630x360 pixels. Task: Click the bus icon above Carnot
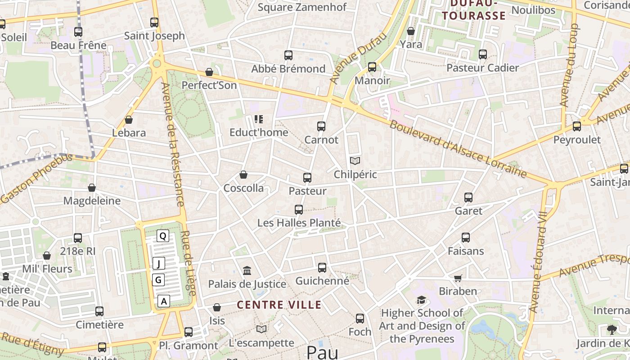point(321,126)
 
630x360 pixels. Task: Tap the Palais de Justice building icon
point(247,270)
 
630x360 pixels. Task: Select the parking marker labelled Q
point(163,235)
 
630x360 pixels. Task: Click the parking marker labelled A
point(164,301)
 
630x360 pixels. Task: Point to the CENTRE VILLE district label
point(279,305)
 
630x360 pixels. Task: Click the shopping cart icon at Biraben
point(458,278)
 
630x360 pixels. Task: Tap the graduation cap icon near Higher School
point(421,300)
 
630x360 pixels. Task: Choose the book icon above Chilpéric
point(355,161)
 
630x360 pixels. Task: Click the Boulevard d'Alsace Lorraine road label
point(458,149)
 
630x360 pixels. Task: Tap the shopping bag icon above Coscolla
point(243,175)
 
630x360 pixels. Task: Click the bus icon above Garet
point(468,197)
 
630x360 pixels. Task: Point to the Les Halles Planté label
point(299,223)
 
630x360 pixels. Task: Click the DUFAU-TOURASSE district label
point(473,10)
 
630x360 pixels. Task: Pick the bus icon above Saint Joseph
point(154,22)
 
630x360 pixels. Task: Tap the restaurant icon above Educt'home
point(258,119)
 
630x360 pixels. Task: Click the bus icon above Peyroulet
point(576,126)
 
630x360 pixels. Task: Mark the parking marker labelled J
point(158,263)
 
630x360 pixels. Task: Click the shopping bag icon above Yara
point(410,31)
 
